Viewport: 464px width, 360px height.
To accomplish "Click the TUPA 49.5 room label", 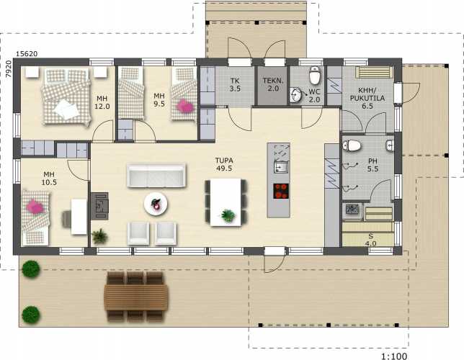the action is (223, 164).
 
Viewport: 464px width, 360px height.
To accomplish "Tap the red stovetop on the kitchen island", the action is (281, 191).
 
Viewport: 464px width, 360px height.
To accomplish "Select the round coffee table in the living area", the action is (156, 204).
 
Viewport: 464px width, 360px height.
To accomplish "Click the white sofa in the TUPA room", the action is (156, 176).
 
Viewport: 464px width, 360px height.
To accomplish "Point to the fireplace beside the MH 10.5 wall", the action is (99, 206).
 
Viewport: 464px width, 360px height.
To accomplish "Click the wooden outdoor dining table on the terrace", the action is (136, 297).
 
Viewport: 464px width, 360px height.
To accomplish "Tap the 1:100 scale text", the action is (394, 356).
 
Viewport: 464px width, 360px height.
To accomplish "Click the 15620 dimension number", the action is (27, 54).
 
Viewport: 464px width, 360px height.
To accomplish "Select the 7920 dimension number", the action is (9, 69).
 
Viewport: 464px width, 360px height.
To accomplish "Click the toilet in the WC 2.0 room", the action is (315, 75).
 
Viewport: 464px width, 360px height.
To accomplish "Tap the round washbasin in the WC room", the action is (296, 94).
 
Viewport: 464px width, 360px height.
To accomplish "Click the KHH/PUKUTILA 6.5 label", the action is (367, 98).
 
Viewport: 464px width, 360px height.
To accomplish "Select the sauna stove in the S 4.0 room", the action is (352, 210).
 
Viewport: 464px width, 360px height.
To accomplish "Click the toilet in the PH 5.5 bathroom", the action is (352, 145).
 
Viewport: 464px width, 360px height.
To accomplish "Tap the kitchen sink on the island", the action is (281, 166).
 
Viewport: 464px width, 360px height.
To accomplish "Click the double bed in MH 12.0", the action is (66, 96).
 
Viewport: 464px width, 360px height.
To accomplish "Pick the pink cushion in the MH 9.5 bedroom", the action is (184, 106).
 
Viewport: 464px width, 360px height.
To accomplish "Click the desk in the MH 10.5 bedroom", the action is (79, 217).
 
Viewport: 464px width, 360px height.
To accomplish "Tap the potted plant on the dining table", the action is (228, 216).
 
